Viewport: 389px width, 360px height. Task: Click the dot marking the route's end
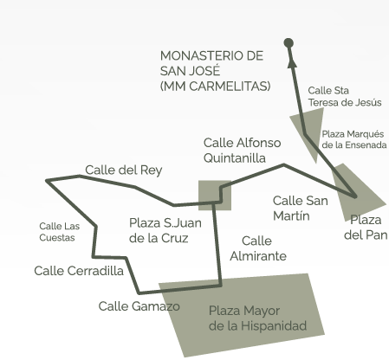click(x=289, y=43)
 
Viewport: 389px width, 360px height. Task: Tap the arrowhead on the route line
click(x=292, y=61)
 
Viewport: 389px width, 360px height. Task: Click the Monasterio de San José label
click(x=215, y=71)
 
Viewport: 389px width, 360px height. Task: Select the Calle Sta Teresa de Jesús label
click(x=345, y=96)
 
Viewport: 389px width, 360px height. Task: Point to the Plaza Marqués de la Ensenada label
click(x=354, y=139)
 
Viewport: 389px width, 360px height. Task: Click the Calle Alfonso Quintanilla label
click(x=242, y=151)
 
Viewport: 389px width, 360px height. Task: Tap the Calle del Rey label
click(x=124, y=170)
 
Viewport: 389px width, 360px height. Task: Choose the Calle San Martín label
click(x=301, y=208)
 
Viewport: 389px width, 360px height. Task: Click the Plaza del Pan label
click(x=366, y=228)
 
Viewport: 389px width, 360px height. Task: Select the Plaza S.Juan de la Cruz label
click(x=165, y=230)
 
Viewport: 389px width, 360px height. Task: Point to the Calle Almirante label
click(x=258, y=248)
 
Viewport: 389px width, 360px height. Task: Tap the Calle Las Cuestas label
click(x=60, y=232)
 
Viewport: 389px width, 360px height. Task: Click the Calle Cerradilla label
click(x=79, y=271)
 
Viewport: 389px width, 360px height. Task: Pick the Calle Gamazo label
click(x=139, y=306)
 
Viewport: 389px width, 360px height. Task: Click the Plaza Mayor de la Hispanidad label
click(x=257, y=318)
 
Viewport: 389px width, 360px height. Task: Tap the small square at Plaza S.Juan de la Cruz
click(x=215, y=196)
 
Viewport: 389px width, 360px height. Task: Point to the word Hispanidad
click(x=274, y=325)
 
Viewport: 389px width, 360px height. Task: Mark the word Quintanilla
click(x=235, y=158)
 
